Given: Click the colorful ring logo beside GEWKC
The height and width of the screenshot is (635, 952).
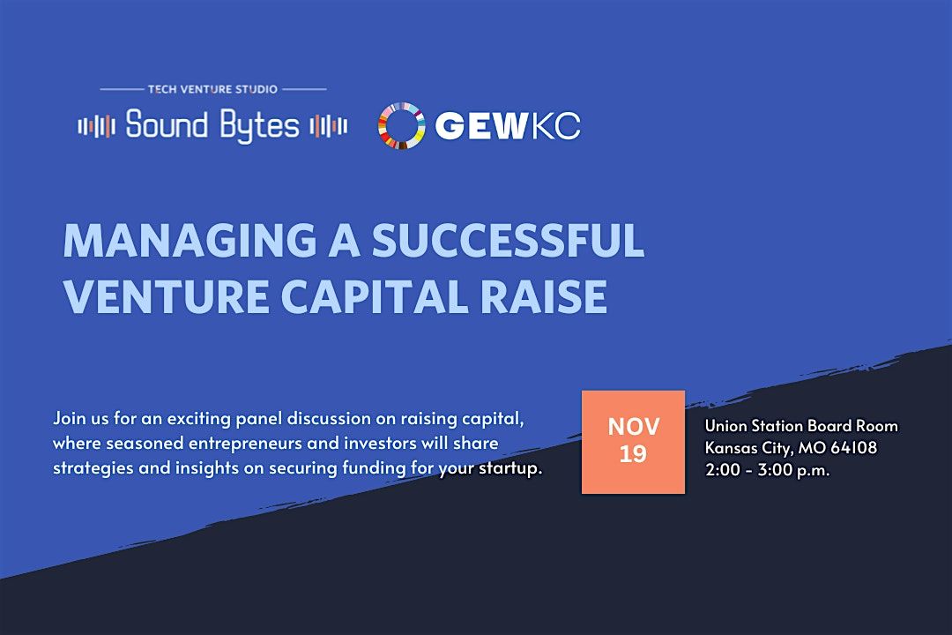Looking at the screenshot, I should [x=401, y=126].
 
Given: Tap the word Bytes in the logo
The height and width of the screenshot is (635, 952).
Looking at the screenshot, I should [x=258, y=126].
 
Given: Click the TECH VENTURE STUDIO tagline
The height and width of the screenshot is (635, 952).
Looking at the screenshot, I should [x=212, y=89].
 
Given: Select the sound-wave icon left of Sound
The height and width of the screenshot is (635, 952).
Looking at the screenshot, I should [x=97, y=126].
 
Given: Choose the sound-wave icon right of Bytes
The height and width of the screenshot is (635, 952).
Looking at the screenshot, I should [x=328, y=126].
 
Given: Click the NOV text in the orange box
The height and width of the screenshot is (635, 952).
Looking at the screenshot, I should [x=633, y=427].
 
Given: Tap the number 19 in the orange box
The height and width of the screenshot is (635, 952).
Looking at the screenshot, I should [x=633, y=455].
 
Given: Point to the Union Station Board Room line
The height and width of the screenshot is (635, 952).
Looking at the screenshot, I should [x=801, y=426].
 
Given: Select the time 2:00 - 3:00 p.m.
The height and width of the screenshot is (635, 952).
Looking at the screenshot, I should [x=767, y=470].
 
